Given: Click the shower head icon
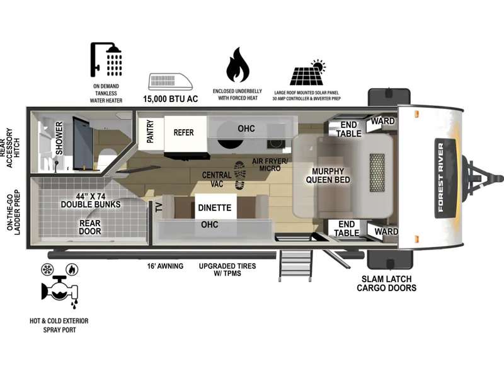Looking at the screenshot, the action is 106,60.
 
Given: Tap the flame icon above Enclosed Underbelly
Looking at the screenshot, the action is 238,65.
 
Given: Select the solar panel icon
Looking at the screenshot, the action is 307,72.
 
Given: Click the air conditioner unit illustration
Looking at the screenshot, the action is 170,82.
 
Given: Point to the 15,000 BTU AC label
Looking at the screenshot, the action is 170,99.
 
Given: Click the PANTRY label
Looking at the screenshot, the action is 150,132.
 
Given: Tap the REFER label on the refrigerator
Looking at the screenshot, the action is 183,132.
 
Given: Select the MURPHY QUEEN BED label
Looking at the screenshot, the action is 328,176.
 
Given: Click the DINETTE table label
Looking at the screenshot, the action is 215,208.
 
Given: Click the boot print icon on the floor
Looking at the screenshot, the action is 240,175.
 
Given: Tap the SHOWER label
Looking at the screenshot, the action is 59,138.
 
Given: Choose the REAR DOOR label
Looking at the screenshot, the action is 90,227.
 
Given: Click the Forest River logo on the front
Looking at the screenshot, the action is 445,177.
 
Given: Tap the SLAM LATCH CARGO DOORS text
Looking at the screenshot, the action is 387,283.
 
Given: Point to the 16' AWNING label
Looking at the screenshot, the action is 165,266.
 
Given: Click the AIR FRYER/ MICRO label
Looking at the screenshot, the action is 270,164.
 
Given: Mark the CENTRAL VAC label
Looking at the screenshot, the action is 217,180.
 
